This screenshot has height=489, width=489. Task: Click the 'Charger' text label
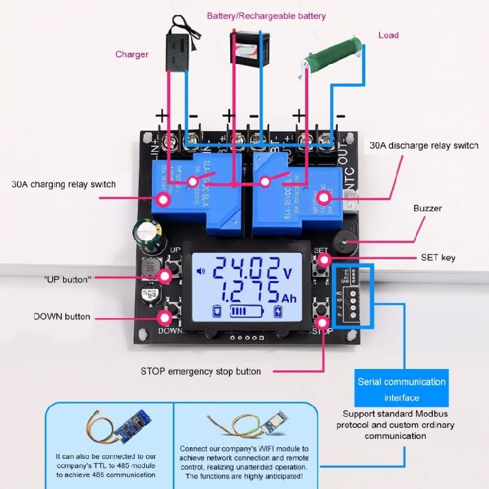(x=132, y=55)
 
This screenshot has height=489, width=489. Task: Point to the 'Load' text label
(x=388, y=35)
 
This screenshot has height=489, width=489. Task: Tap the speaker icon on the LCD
(x=201, y=272)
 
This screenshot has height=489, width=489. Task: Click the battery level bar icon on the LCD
(x=248, y=312)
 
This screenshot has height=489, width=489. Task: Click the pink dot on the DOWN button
(x=164, y=318)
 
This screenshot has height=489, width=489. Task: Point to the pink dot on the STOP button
(x=323, y=323)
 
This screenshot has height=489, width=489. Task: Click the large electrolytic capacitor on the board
(x=144, y=233)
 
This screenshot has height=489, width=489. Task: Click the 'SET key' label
(x=439, y=258)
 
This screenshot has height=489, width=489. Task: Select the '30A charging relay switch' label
(x=64, y=185)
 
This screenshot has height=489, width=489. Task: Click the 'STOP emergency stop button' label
(x=201, y=372)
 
